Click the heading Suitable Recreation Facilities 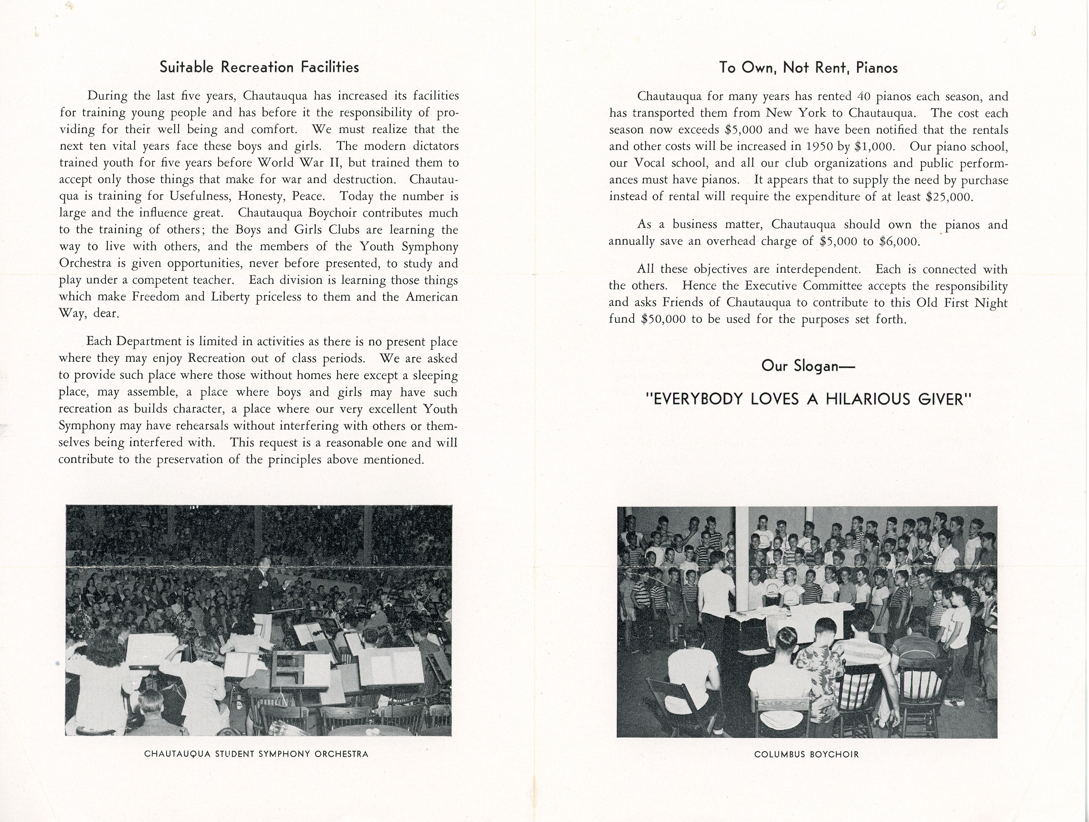click(x=259, y=67)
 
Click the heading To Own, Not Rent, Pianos click(x=808, y=67)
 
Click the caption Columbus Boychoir click(x=806, y=754)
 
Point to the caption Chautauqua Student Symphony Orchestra click(x=256, y=754)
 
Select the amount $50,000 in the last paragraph click(x=663, y=319)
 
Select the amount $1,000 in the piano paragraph click(x=874, y=146)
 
